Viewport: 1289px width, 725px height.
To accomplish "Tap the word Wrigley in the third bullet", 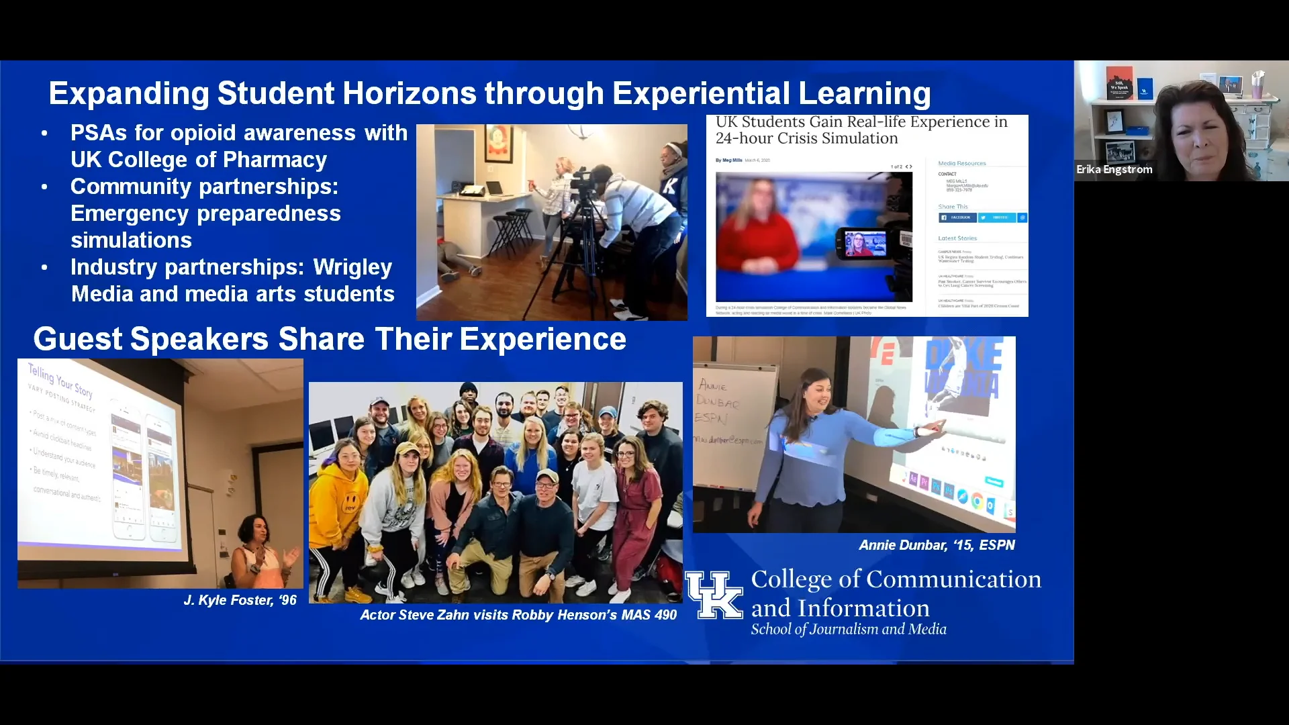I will tap(352, 267).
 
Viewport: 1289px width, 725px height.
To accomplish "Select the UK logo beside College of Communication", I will tap(714, 595).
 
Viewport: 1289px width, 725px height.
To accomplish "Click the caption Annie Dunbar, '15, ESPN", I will tap(937, 545).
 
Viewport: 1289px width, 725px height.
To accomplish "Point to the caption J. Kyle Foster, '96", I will tap(240, 600).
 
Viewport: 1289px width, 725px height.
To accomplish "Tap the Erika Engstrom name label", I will tap(1114, 169).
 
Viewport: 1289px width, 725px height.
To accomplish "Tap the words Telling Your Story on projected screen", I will tap(60, 380).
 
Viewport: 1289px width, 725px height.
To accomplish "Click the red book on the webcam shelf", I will tap(1119, 83).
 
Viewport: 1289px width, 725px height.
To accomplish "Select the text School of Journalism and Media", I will tap(848, 630).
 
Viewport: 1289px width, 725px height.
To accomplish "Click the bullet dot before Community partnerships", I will tap(45, 187).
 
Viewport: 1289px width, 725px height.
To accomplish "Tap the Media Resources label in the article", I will tap(961, 163).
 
